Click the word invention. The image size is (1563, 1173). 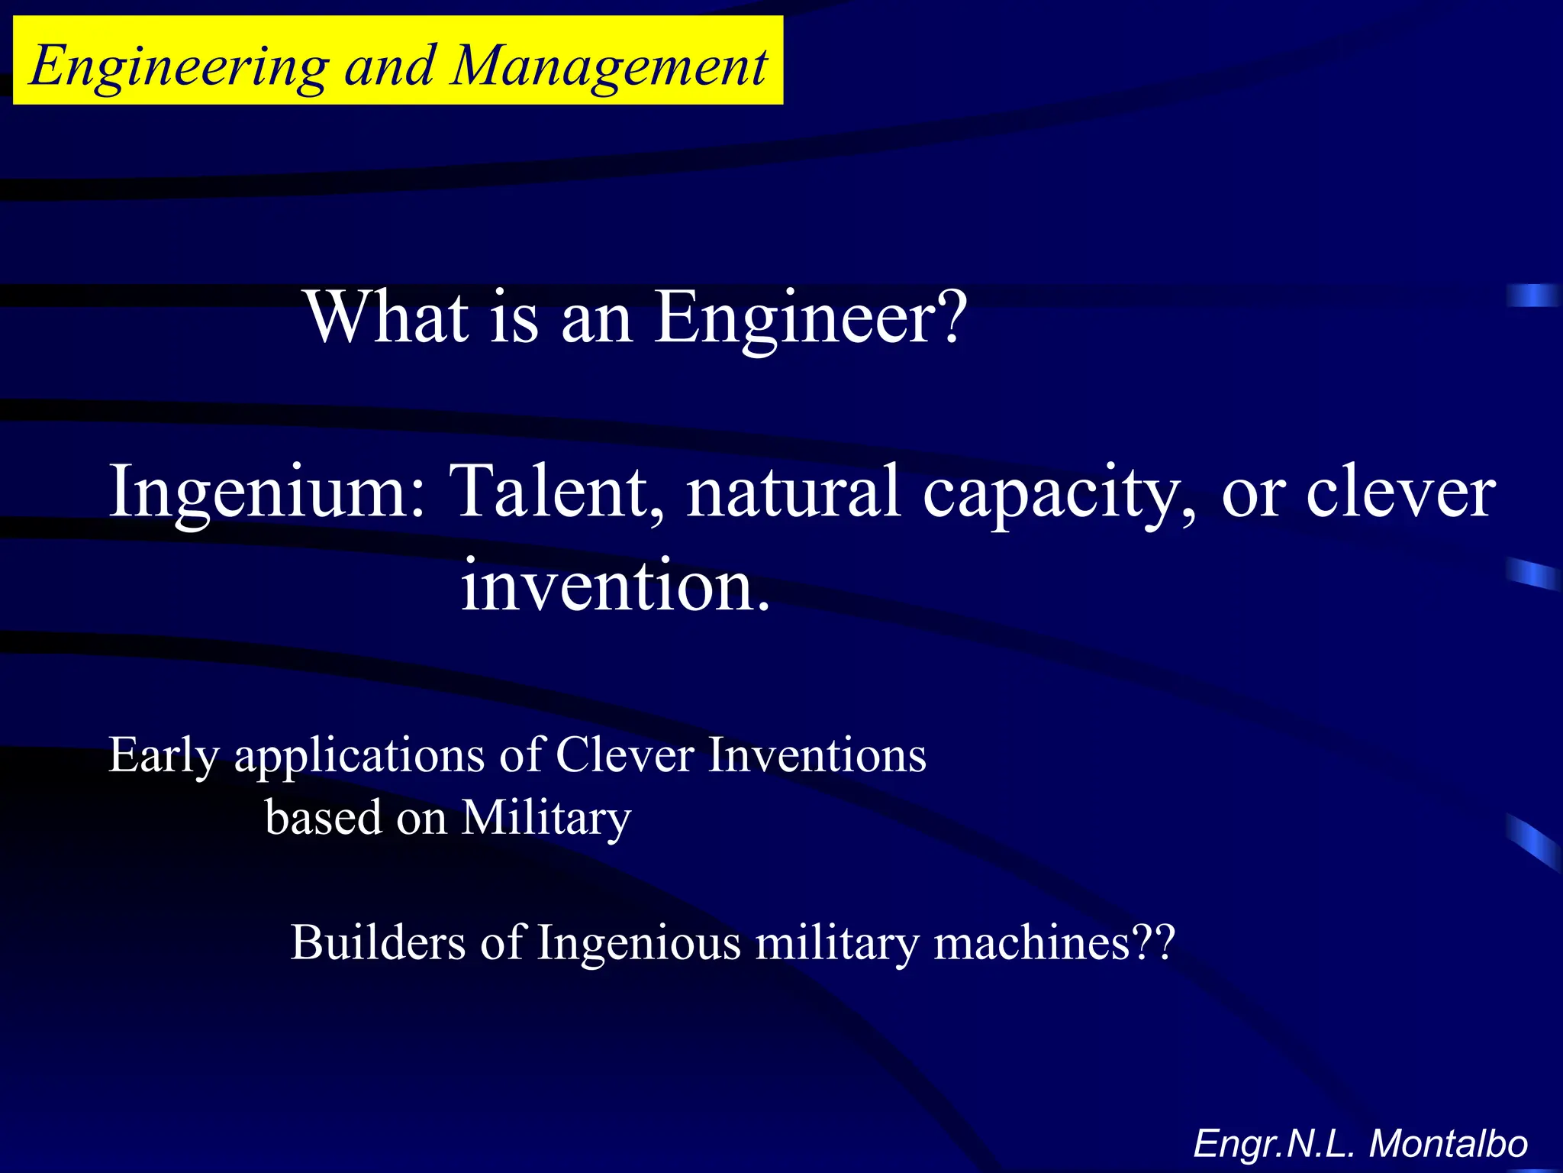(615, 586)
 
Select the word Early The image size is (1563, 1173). (164, 756)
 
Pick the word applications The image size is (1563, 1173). (359, 756)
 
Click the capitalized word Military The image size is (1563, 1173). (546, 819)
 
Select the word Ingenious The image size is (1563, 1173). (639, 944)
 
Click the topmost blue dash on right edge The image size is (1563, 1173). (1532, 295)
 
